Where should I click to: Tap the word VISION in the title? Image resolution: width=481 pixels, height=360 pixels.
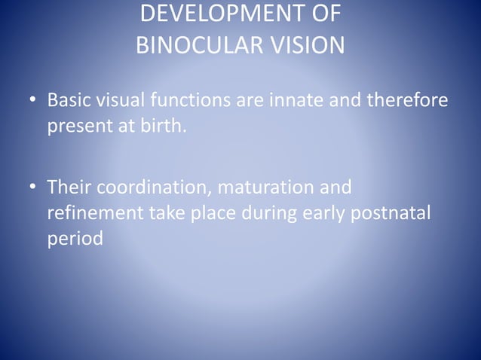coord(304,45)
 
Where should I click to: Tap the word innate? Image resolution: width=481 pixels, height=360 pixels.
coord(284,100)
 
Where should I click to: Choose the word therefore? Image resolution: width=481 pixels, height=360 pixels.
coord(406,100)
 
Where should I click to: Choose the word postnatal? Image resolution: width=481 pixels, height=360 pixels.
coord(392,212)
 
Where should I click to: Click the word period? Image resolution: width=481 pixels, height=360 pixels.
coord(75,239)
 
